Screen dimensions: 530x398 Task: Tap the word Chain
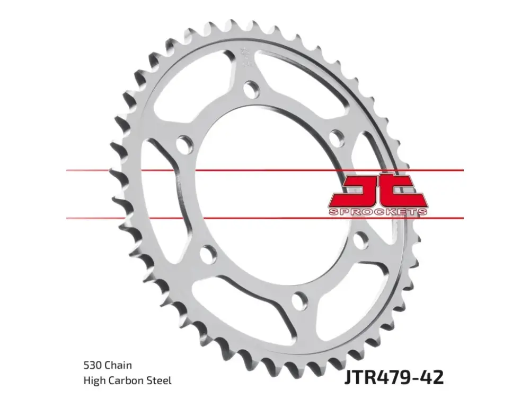coord(118,365)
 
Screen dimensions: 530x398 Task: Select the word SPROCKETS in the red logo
coord(377,212)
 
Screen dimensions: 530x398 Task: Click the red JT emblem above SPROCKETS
coord(377,191)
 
